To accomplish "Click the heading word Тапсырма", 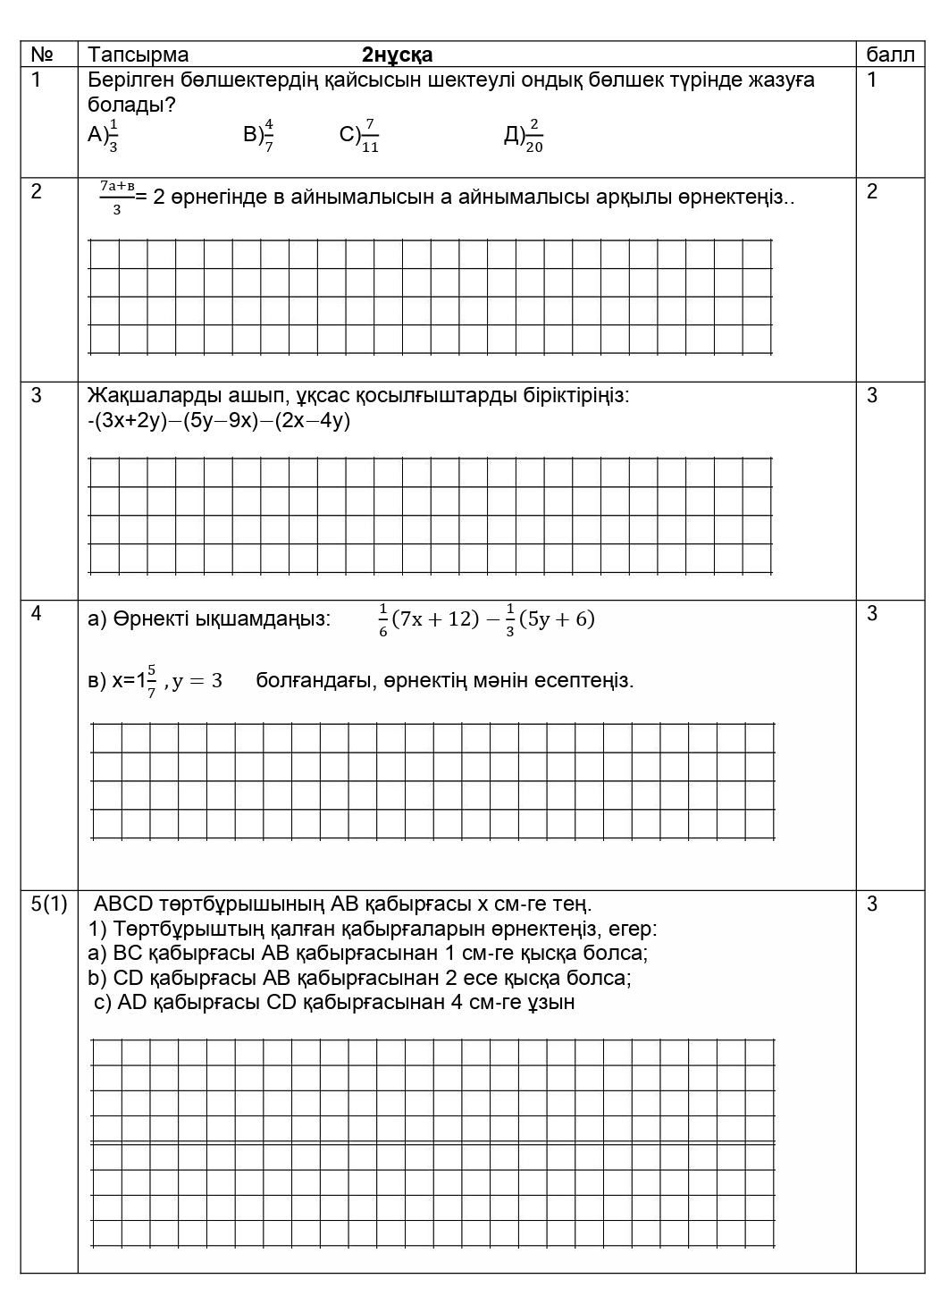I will tap(138, 55).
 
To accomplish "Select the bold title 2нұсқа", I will tap(397, 55).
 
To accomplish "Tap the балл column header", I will tap(890, 55).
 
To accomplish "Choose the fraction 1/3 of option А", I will tap(113, 135).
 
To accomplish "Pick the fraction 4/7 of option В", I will tap(268, 135).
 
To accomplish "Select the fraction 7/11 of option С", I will tap(370, 135).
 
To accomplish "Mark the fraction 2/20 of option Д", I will tap(533, 135).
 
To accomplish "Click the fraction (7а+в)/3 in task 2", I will tap(117, 197).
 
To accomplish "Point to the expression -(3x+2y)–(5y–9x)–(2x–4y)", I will tap(219, 421).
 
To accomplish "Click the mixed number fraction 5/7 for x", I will tap(152, 681).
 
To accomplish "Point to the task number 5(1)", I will tap(49, 904).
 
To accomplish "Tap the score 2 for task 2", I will tap(872, 191).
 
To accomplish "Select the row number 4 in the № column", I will tap(37, 613).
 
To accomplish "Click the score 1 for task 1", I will tap(872, 80).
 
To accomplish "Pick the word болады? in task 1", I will tap(131, 105).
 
